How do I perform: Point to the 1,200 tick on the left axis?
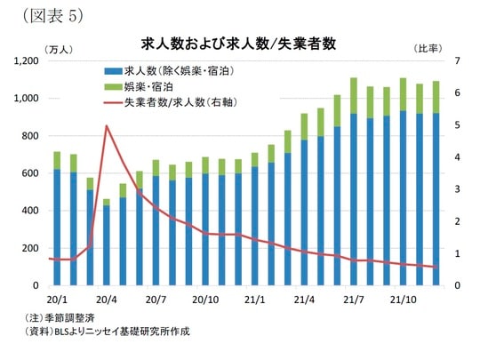(23, 60)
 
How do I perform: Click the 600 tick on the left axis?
(28, 173)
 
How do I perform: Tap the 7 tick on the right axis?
(457, 60)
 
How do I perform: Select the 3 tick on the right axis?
(457, 189)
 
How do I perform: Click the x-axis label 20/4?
(107, 300)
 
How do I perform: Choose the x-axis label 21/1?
(255, 300)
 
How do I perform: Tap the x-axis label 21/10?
(404, 300)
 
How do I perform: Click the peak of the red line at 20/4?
(107, 126)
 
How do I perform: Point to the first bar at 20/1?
(57, 222)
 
